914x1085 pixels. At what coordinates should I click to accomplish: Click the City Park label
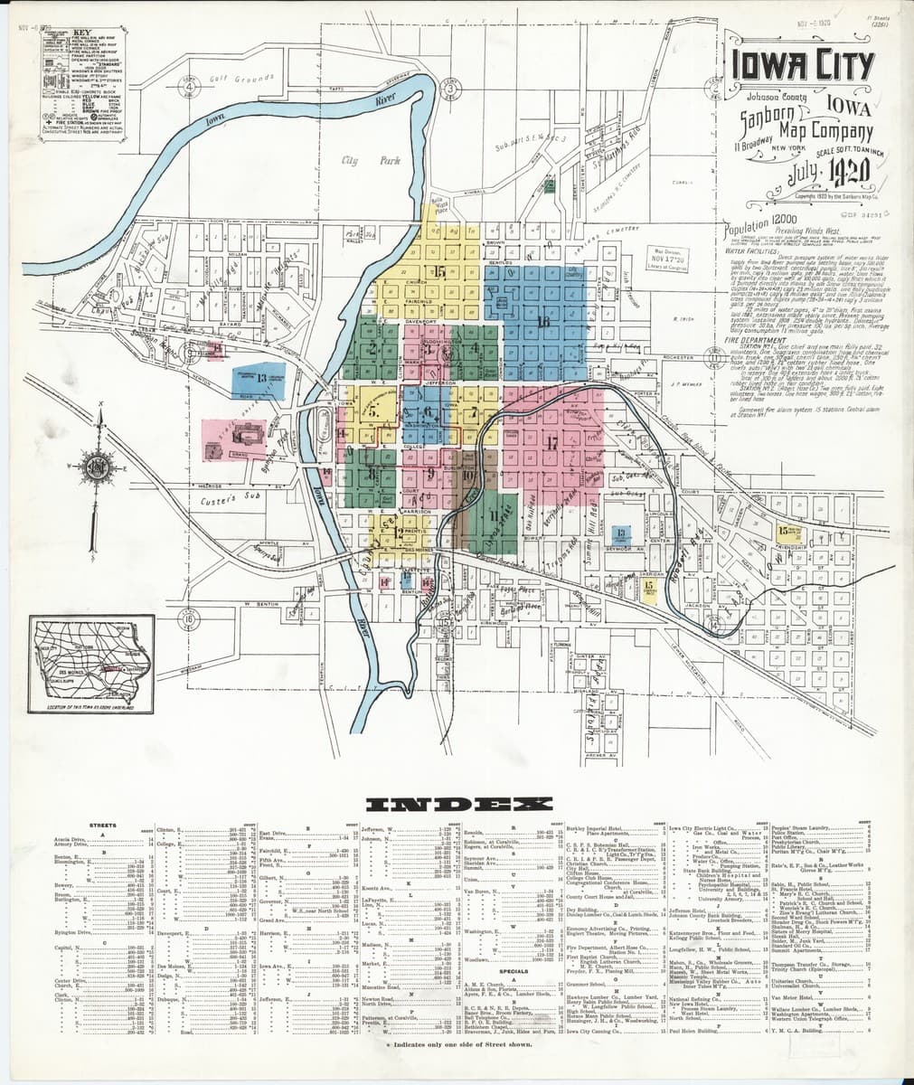tap(358, 160)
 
